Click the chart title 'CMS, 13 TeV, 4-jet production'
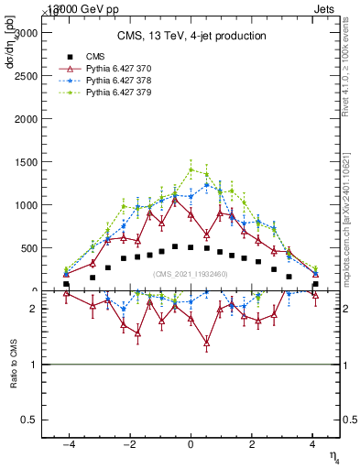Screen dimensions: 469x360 [x=191, y=37]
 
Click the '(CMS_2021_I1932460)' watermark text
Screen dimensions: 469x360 [x=191, y=274]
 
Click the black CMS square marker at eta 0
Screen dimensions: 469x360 [x=191, y=247]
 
